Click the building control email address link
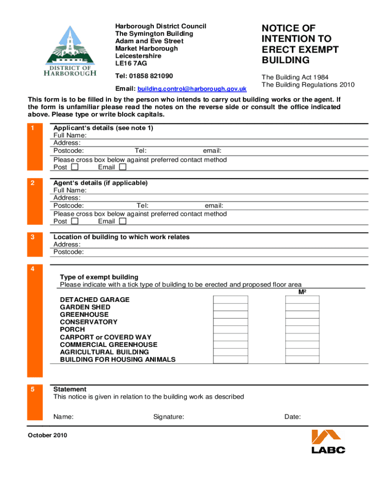click(192, 89)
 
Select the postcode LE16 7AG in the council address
click(131, 63)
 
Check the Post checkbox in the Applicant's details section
click(74, 167)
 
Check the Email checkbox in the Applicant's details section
click(123, 167)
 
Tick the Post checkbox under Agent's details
click(74, 221)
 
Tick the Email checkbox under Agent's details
click(123, 221)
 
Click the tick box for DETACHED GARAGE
click(231, 300)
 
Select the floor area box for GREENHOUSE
click(302, 314)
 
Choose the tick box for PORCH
click(231, 330)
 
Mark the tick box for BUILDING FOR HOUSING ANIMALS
click(231, 359)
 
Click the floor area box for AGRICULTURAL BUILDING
click(302, 352)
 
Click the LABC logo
click(328, 441)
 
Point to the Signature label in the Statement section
click(169, 417)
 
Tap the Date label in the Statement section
click(292, 417)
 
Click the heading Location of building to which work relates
click(121, 237)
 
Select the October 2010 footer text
click(47, 435)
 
